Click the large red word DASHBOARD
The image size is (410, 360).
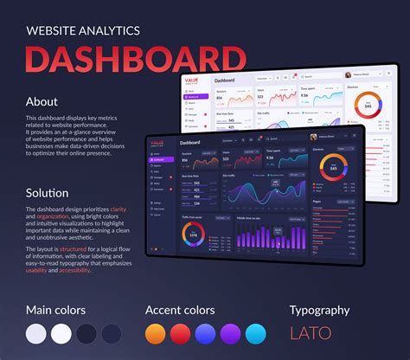(136, 60)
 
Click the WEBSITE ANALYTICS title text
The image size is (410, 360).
(83, 30)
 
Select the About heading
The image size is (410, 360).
(42, 101)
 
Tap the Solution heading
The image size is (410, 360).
(48, 192)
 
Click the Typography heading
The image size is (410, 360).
(319, 310)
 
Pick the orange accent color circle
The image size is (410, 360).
(156, 334)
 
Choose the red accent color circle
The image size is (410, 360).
(181, 334)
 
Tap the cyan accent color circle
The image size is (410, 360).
(256, 334)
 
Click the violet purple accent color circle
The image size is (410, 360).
(231, 334)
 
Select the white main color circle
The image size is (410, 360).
(61, 334)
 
